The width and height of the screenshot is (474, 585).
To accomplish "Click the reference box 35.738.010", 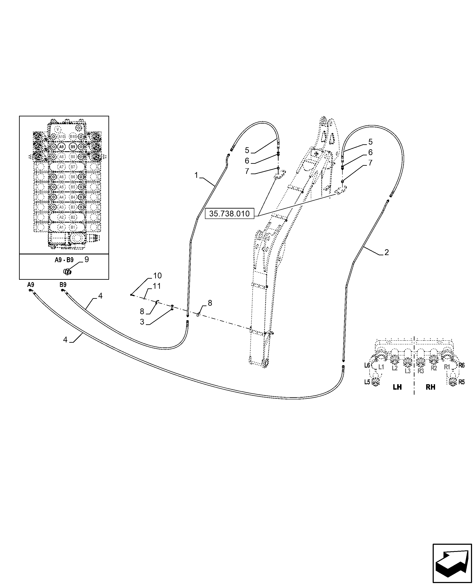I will [229, 214].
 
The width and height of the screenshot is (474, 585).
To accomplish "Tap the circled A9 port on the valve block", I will [61, 147].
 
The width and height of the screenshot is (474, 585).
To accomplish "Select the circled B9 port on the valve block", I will [73, 147].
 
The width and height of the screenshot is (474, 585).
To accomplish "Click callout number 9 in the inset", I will [87, 259].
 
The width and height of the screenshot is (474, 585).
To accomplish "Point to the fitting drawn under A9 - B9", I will [67, 272].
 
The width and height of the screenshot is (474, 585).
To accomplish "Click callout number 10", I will [158, 276].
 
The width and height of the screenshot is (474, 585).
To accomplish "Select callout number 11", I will [157, 286].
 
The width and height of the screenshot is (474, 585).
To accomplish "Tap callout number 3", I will [142, 322].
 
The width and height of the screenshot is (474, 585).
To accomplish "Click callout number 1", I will [196, 175].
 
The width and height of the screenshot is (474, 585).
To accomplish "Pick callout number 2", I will [386, 252].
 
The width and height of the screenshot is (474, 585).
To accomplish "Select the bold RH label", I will [430, 387].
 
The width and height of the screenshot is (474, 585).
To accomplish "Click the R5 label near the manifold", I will [461, 382].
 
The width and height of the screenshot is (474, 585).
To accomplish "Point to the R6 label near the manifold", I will [461, 365].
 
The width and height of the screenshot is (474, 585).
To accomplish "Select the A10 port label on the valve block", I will [61, 137].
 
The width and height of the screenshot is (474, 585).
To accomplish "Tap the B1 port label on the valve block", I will [73, 227].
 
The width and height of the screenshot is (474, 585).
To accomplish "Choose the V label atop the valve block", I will [58, 129].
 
